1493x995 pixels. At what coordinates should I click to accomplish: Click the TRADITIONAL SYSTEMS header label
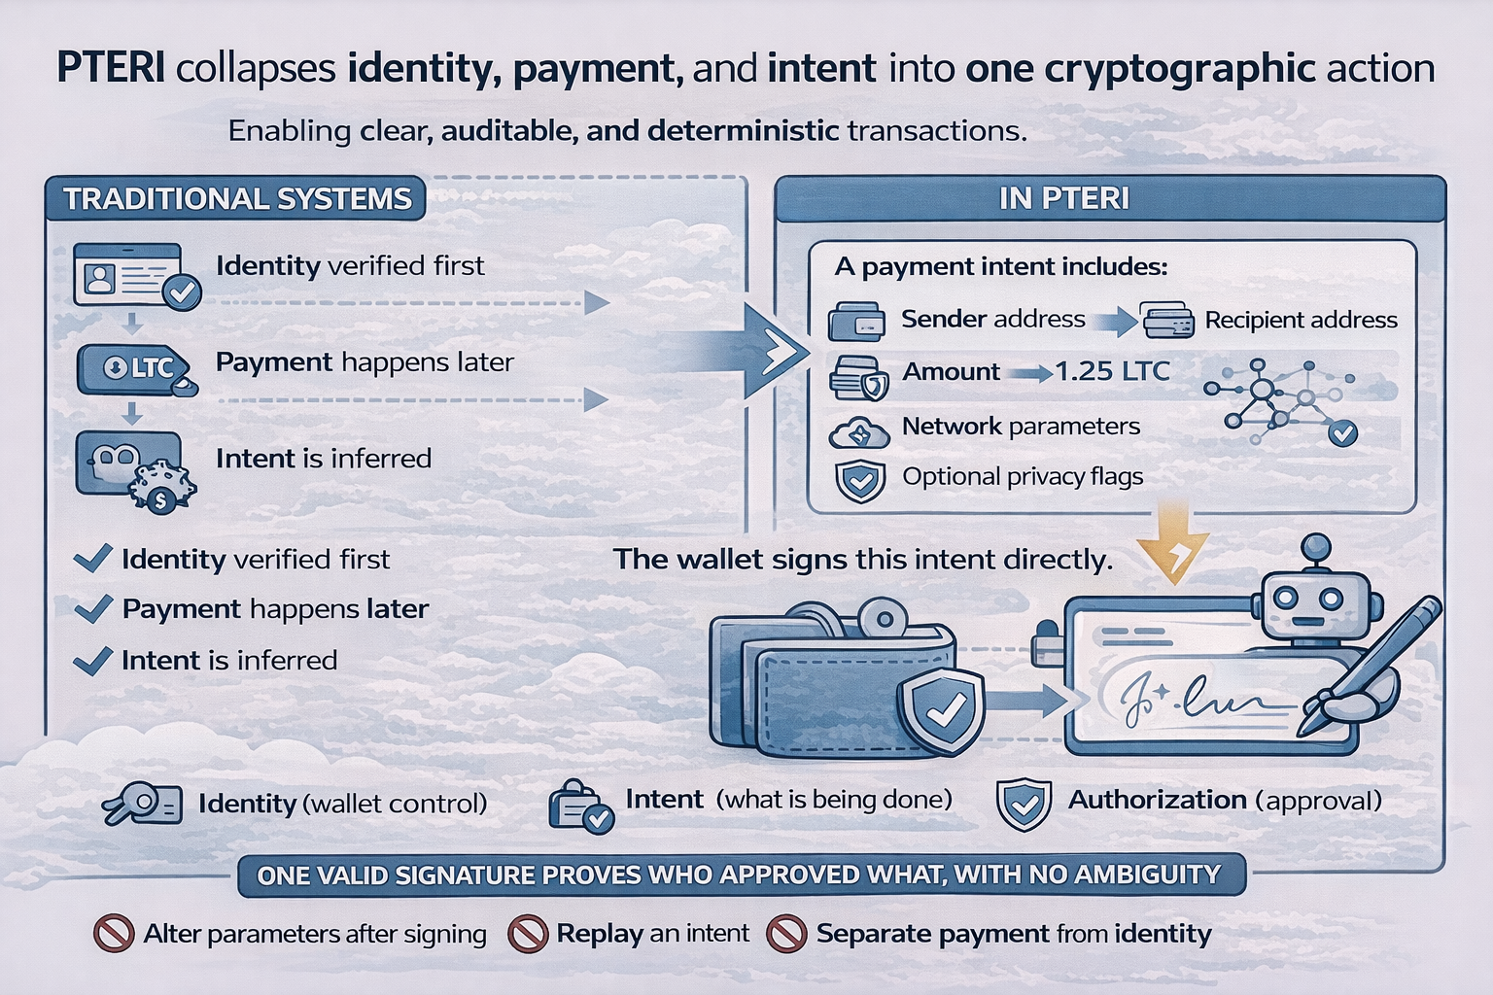237,198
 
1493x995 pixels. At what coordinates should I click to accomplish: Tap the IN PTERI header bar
1063,198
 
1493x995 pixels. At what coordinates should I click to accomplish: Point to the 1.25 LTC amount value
1112,371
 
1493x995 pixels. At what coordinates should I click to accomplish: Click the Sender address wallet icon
856,322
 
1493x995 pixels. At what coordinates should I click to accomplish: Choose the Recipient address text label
1301,321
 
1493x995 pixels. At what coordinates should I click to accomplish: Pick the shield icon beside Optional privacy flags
860,480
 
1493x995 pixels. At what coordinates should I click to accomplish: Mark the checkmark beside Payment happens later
94,608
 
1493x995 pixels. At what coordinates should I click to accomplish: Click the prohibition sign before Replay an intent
528,934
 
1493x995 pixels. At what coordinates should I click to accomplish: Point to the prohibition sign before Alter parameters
113,934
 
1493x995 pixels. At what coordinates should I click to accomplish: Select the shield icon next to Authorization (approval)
1024,804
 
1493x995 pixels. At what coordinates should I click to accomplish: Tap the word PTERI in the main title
110,68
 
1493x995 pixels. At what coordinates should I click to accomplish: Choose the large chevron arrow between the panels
774,351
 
